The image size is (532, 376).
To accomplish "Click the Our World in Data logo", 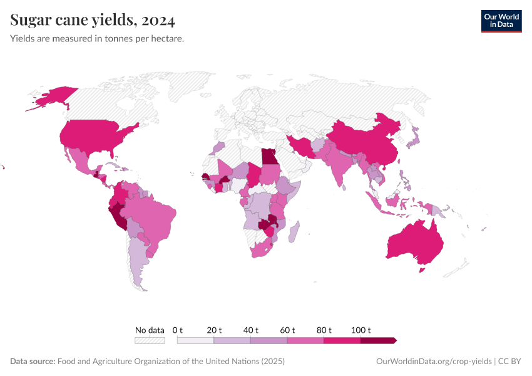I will pyautogui.click(x=501, y=21).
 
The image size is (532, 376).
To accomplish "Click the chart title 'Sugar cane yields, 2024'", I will pyautogui.click(x=93, y=21).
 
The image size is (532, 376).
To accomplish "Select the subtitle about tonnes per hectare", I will pyautogui.click(x=97, y=39).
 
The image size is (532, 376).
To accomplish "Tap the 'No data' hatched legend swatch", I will pyautogui.click(x=150, y=340).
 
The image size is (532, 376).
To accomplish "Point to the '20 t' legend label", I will pyautogui.click(x=214, y=330).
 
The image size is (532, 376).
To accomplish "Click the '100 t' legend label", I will pyautogui.click(x=361, y=330).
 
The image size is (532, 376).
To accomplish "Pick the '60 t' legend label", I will pyautogui.click(x=287, y=330).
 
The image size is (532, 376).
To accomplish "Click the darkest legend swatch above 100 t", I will pyautogui.click(x=378, y=340).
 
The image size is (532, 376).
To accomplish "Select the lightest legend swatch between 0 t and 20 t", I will pyautogui.click(x=195, y=340).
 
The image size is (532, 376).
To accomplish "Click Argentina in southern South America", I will pyautogui.click(x=139, y=257).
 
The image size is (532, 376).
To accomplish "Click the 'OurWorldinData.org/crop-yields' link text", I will pyautogui.click(x=434, y=362).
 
